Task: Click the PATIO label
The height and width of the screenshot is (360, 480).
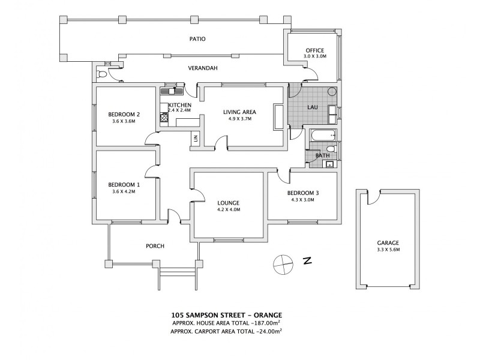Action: [x=197, y=39]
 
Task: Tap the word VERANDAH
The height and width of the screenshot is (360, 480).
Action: [x=202, y=68]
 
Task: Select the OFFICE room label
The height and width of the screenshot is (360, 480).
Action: [x=314, y=50]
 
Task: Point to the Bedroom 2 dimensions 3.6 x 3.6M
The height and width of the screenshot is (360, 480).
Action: [x=124, y=121]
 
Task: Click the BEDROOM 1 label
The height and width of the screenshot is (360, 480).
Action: [x=124, y=185]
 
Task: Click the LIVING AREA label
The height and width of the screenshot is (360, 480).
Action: [x=240, y=112]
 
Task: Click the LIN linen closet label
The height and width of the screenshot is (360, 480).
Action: [x=196, y=139]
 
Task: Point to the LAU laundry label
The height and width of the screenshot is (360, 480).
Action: [x=313, y=108]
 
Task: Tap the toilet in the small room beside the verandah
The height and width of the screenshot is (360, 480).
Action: [x=102, y=75]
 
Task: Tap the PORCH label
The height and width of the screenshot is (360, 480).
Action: [x=155, y=246]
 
